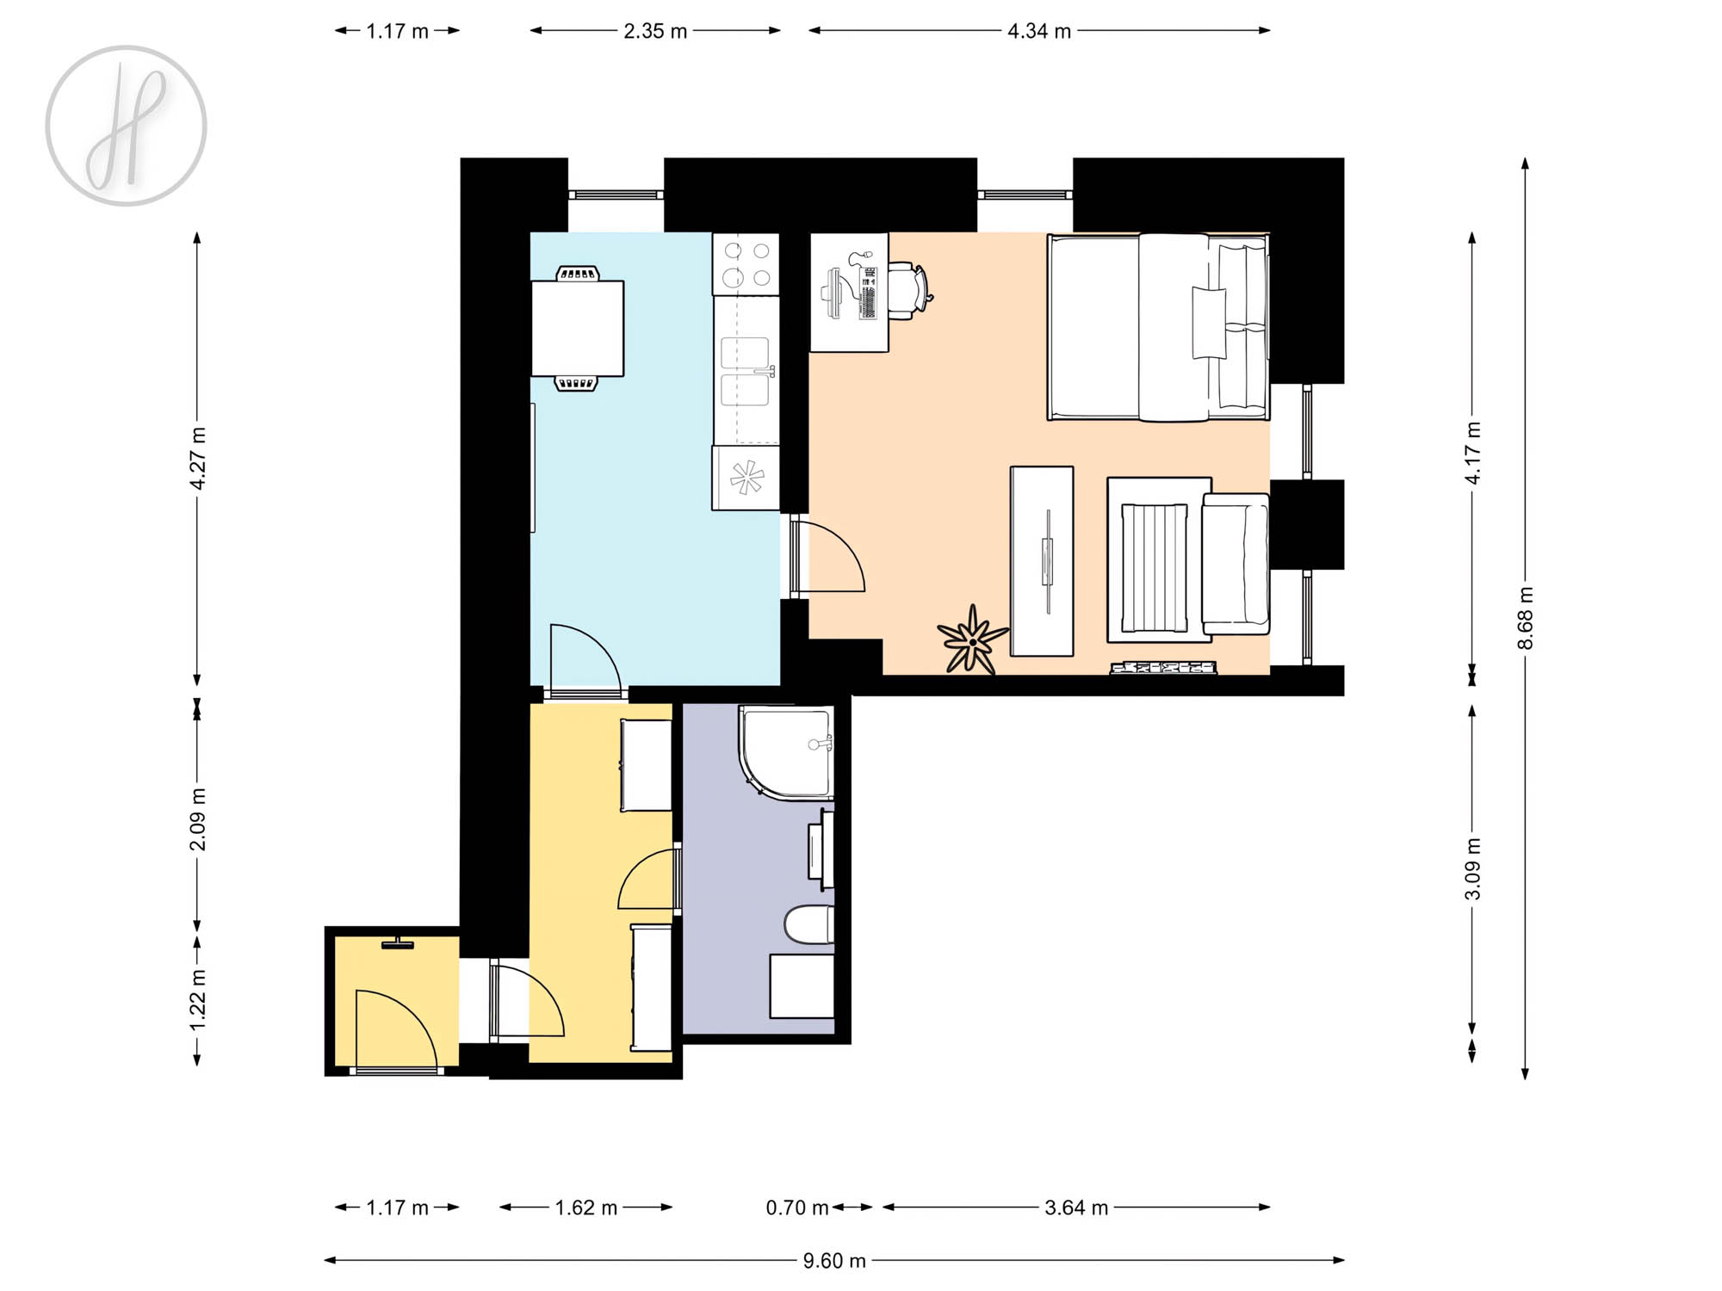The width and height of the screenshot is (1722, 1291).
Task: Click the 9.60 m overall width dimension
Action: pos(833,1261)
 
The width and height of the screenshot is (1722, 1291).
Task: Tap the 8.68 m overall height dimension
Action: pos(1525,618)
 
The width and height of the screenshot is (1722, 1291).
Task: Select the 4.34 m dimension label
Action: pos(1039,31)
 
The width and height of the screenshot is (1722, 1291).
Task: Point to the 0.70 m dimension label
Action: pos(797,1208)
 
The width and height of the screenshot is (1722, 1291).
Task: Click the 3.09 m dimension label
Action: pos(1472,868)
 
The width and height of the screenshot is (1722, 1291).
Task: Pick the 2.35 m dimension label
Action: pos(655,31)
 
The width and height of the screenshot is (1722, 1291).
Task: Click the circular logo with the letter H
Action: pos(126,126)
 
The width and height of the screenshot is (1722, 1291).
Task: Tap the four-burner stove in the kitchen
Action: pos(746,264)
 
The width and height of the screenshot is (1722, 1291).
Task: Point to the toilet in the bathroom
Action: pos(809,924)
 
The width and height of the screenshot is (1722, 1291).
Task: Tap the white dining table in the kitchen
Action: pos(577,328)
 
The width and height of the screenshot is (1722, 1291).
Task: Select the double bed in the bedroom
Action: pos(1158,327)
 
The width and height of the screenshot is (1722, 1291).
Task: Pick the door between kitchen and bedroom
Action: pos(827,556)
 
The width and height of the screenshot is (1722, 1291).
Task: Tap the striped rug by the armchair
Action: pos(1155,568)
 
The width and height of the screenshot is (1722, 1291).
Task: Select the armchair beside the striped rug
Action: pos(1236,564)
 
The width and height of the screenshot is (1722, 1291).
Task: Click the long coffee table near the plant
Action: pos(1042,561)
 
